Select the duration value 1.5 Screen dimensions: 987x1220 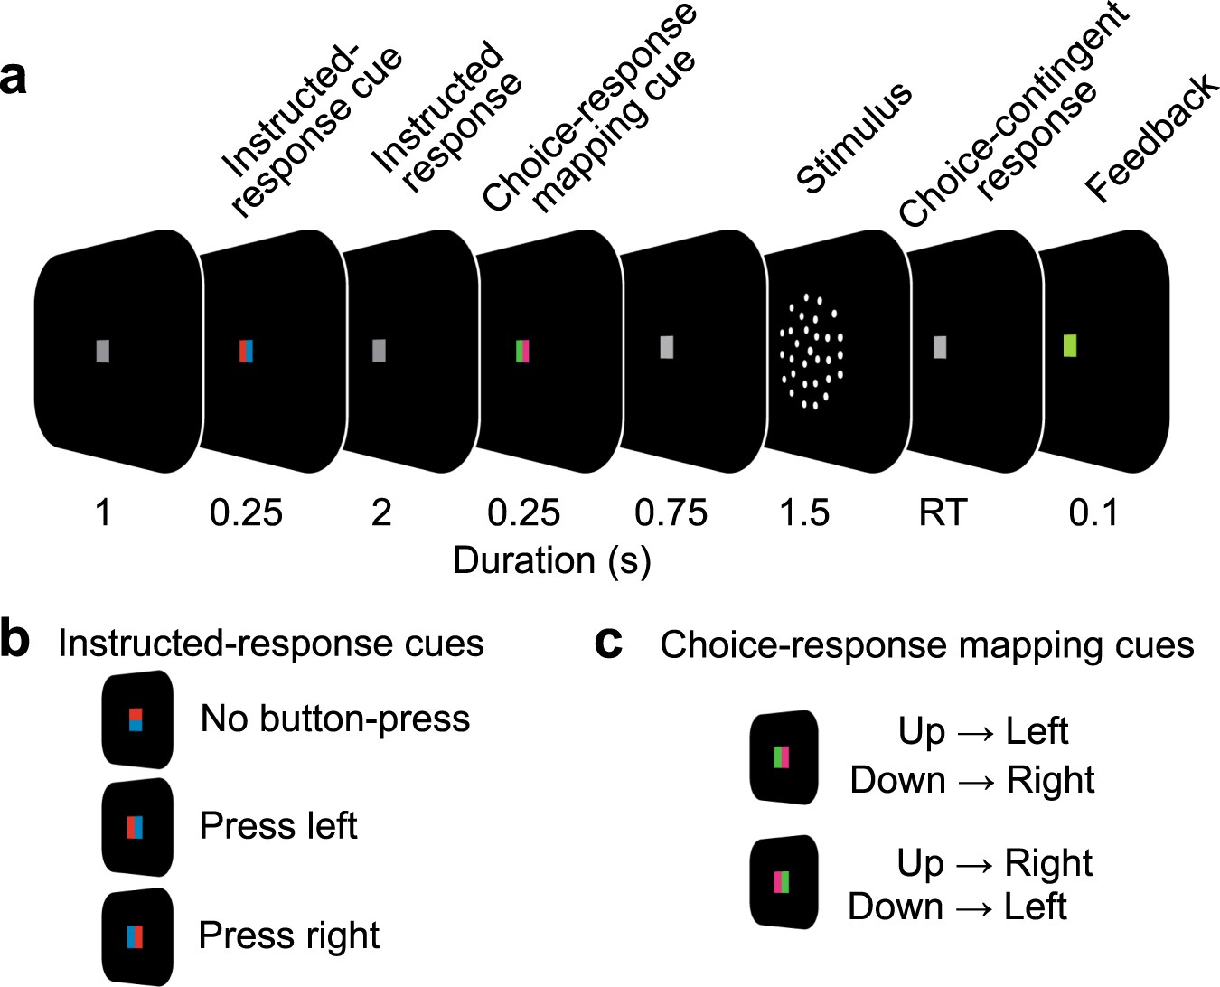(804, 513)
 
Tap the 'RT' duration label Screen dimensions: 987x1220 (943, 513)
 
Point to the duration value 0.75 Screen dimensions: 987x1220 (671, 513)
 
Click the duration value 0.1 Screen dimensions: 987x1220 (1093, 513)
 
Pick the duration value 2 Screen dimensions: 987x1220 (381, 513)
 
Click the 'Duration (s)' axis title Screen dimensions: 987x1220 (552, 560)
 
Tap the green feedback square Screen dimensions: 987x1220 (1070, 345)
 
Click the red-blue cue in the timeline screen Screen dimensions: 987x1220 (246, 351)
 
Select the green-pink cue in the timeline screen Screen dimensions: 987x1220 (522, 351)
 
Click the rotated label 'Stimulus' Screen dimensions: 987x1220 (854, 137)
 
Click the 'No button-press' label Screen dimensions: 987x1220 (335, 719)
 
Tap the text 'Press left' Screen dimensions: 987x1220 (278, 826)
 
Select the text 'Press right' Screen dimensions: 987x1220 (289, 935)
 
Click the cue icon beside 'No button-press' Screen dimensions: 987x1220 (136, 720)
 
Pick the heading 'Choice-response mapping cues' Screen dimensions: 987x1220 (927, 645)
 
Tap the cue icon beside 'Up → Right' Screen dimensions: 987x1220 (783, 881)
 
